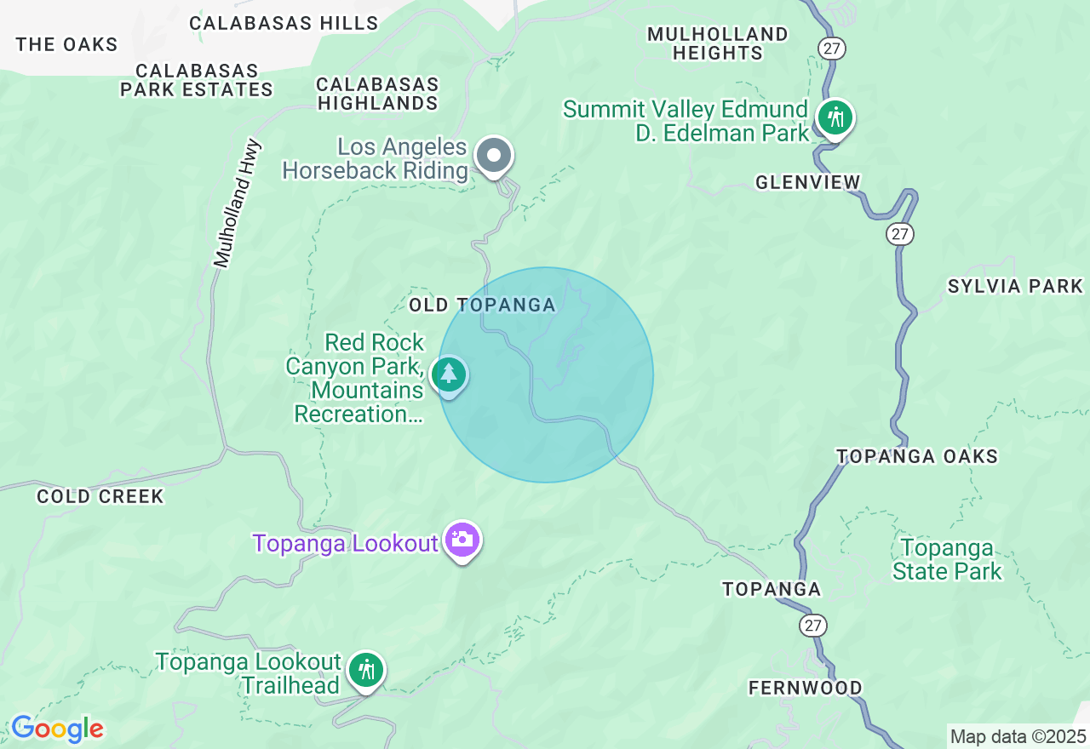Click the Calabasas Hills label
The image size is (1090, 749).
284,23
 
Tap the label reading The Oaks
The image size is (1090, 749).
66,44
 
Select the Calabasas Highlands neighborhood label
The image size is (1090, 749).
377,94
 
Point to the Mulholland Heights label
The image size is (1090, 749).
717,43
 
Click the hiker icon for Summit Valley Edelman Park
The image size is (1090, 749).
835,117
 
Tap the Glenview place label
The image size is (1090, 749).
808,182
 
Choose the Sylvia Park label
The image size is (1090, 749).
1015,286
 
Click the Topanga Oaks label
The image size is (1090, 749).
917,456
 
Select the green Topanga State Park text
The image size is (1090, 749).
947,559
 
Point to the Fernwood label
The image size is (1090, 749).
805,688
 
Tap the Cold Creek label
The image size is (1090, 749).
100,496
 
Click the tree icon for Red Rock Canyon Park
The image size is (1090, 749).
449,374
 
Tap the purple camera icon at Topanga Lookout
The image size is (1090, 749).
462,540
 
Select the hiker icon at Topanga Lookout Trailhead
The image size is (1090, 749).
366,670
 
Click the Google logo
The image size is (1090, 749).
57,729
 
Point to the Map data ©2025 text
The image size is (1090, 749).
1018,736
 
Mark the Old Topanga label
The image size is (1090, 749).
482,305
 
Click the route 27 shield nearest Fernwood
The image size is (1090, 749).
812,626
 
